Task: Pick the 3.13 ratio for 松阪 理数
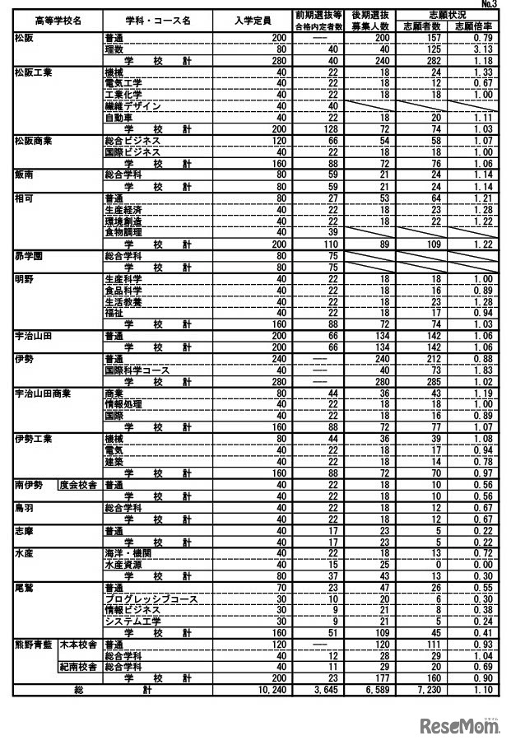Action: tap(480, 49)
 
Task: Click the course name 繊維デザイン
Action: tap(132, 106)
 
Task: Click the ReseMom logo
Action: tap(461, 724)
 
